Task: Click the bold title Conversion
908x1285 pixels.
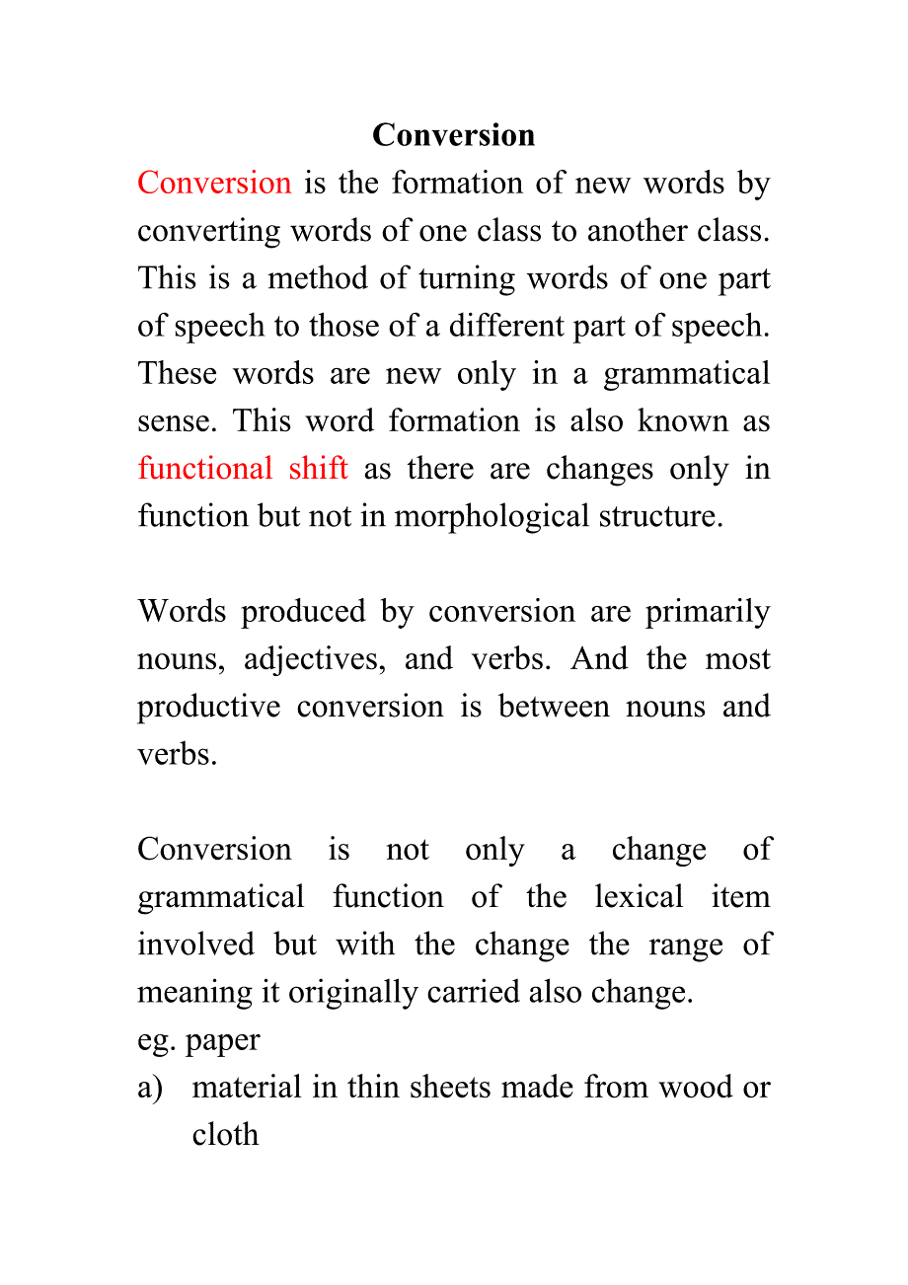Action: point(453,135)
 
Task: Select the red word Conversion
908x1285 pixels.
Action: point(214,184)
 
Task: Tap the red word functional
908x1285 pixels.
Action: point(205,469)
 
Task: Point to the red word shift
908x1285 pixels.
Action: point(318,469)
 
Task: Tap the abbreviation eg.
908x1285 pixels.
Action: point(156,1040)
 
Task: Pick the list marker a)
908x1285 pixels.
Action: point(150,1088)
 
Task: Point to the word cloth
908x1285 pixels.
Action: point(225,1135)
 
